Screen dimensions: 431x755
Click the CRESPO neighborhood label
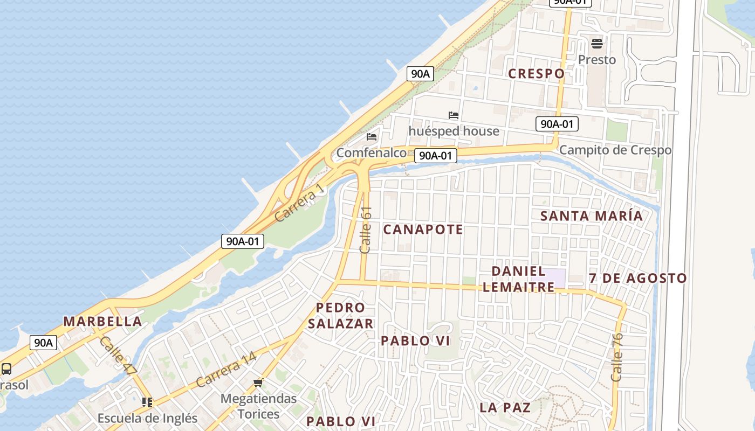[x=536, y=73]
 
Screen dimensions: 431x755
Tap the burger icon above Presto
[x=597, y=43]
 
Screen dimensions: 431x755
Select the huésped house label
[x=454, y=131]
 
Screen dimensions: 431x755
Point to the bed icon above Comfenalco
[x=372, y=137]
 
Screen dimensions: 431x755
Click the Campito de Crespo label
[x=615, y=150]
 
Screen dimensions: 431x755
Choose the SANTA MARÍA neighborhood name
[x=592, y=216]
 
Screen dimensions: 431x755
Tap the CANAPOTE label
[x=423, y=230]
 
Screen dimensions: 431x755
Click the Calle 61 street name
[x=366, y=230]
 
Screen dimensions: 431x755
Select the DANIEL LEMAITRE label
[x=518, y=279]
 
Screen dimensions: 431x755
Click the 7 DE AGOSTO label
[x=638, y=279]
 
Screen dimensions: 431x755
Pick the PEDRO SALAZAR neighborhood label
[x=344, y=316]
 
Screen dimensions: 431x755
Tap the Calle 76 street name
[x=617, y=357]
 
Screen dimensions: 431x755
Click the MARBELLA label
[x=102, y=322]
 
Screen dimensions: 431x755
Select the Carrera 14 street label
[x=226, y=370]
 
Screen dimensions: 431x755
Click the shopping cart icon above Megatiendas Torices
[x=258, y=383]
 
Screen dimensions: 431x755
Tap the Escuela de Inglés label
[x=147, y=418]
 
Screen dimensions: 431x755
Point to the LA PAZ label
[x=505, y=407]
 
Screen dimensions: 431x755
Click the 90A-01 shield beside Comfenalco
[x=436, y=156]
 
